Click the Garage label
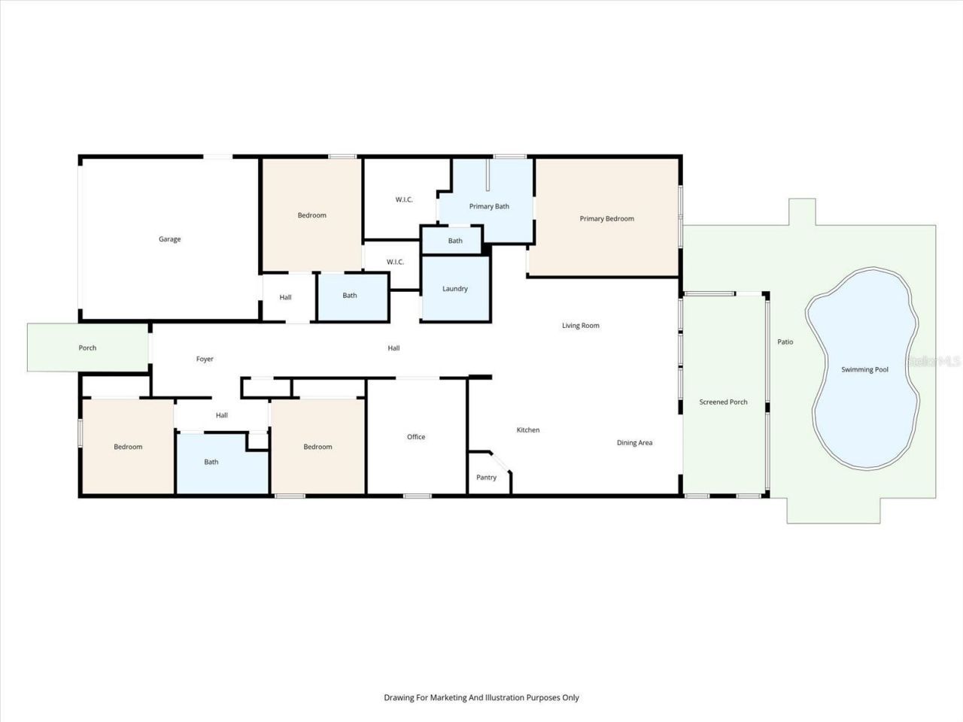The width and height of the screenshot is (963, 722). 169,239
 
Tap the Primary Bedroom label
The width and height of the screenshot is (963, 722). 606,219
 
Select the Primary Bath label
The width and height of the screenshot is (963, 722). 489,206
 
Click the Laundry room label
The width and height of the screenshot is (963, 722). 455,289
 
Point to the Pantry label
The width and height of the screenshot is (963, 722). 487,478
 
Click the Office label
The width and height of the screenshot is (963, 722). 416,437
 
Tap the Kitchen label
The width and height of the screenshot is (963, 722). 528,430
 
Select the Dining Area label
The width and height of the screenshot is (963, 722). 634,443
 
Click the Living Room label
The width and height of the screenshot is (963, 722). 581,326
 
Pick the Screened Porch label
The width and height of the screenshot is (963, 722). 723,402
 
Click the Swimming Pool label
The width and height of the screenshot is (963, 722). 864,370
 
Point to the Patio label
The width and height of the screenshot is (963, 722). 785,342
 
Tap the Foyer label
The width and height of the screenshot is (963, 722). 205,359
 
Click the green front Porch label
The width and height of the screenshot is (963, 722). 87,348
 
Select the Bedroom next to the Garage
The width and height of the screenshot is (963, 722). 311,216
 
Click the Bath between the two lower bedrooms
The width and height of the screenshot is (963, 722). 211,462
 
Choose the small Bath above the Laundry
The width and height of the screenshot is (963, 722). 455,241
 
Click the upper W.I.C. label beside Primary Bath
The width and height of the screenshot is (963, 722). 404,199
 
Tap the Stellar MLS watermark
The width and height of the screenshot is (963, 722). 933,361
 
